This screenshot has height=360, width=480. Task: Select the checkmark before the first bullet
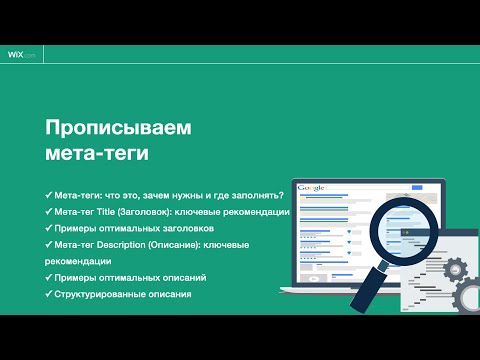(x=49, y=193)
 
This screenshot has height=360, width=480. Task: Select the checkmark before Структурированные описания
(x=49, y=295)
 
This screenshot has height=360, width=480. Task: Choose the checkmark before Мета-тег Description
(x=49, y=245)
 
